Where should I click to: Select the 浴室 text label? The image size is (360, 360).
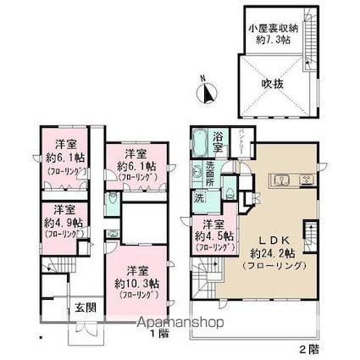[219, 142]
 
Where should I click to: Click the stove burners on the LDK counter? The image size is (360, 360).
[306, 179]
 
